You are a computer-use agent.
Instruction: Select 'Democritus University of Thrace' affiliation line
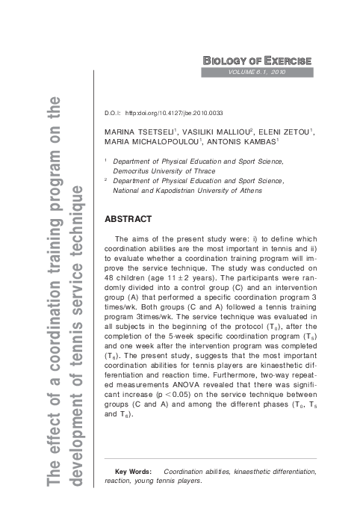[160, 170]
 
